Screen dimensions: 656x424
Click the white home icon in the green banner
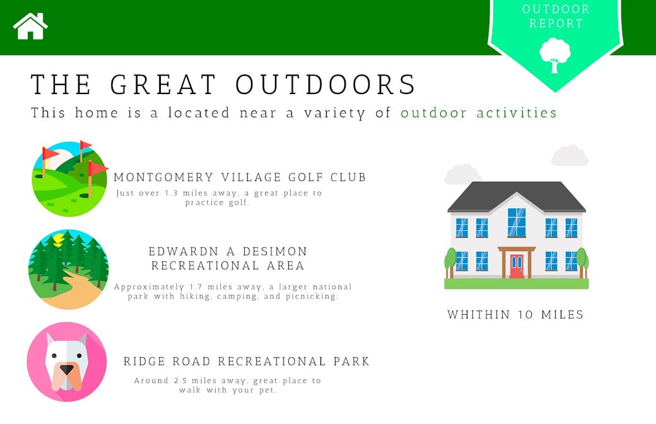pos(30,26)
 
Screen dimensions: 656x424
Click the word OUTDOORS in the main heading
pos(325,84)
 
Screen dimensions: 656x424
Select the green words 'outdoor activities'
pos(479,112)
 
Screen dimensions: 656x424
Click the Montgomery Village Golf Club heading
pos(240,177)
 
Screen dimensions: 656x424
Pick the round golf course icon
pos(69,179)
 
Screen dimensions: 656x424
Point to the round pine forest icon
pos(69,269)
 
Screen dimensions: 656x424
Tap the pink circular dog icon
pos(67,362)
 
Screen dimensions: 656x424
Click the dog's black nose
pos(66,370)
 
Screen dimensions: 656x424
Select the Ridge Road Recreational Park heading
pos(247,361)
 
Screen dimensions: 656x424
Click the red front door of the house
pos(517,266)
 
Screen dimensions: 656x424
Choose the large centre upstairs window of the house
pos(517,222)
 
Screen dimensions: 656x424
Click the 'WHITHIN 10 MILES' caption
pos(515,315)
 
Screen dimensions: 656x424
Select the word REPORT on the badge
pos(556,23)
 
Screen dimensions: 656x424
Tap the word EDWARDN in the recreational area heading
pos(184,252)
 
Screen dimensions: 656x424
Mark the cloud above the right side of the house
pos(570,155)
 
